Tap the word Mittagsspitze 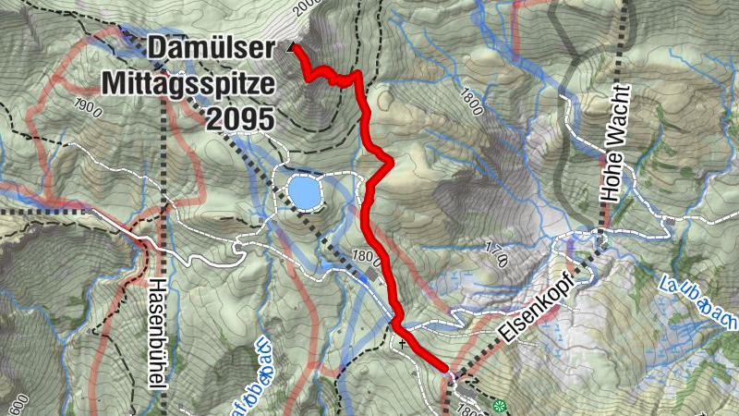189,83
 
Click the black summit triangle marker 294,46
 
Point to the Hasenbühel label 158,332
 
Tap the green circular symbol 500,405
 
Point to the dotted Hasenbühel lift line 164,185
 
